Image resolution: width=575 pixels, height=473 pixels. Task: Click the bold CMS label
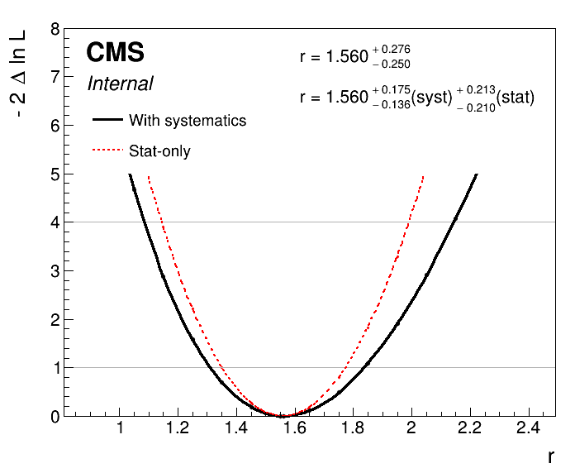tap(116, 54)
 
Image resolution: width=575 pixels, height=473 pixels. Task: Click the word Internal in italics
tap(120, 84)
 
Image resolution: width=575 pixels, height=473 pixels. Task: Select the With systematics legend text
tap(188, 121)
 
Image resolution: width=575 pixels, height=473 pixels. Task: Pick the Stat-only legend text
tap(159, 151)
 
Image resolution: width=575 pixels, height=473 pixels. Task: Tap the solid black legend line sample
tap(107, 120)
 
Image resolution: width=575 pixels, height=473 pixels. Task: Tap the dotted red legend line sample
tap(107, 150)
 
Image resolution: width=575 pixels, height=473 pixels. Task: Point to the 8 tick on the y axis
tap(55, 30)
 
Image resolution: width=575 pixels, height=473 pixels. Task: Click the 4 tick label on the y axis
tap(55, 222)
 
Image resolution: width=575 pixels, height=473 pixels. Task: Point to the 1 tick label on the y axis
tap(55, 367)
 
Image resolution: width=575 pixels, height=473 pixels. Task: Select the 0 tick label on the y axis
tap(55, 416)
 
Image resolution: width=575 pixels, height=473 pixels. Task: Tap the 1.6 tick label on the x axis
tap(295, 428)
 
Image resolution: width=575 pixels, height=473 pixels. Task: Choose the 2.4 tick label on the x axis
tap(527, 428)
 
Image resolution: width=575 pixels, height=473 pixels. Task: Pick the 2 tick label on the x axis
tap(411, 428)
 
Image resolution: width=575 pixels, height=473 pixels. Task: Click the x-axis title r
tap(549, 456)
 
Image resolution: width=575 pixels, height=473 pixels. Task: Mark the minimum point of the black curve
tap(283, 415)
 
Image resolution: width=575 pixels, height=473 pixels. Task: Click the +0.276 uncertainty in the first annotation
tap(392, 50)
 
